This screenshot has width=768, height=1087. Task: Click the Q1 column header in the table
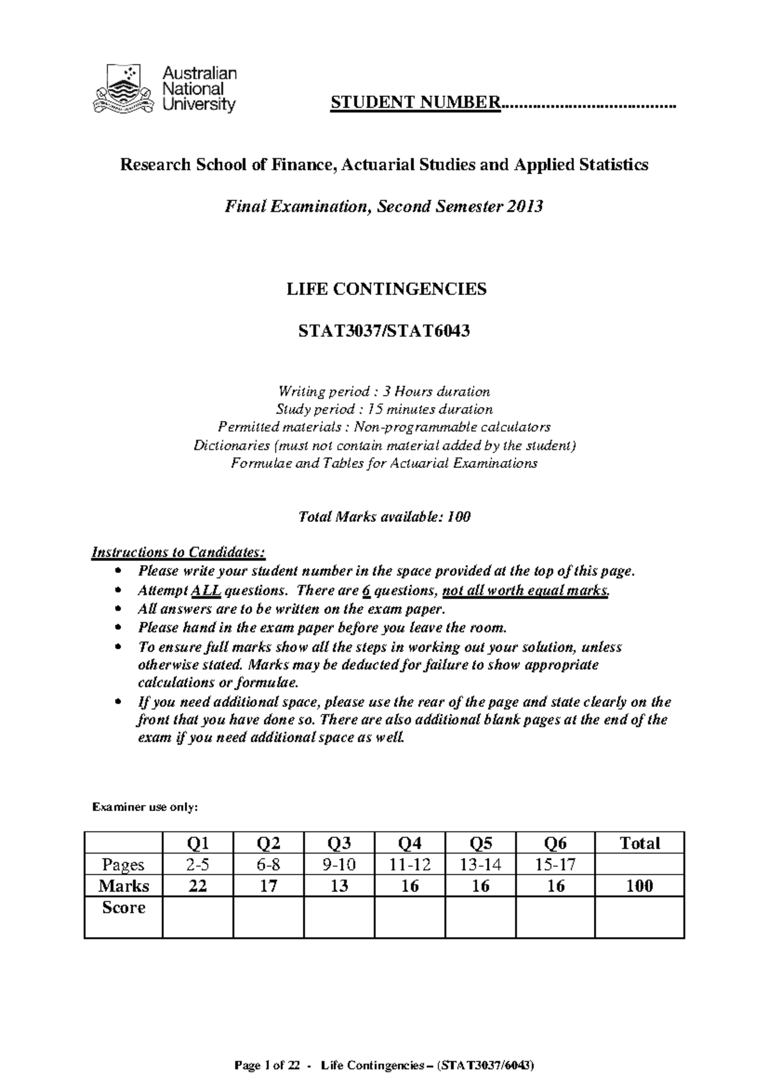198,842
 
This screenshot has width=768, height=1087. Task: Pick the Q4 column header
410,842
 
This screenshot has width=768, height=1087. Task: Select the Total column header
639,842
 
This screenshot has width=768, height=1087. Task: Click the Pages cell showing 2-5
198,864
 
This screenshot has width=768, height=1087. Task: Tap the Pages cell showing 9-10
339,864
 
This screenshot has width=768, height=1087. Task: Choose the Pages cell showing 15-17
556,864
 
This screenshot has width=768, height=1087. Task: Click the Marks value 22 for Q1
198,886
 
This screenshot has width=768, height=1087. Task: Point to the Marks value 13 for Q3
339,886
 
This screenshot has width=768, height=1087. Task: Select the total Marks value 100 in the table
639,886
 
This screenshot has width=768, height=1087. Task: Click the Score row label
124,907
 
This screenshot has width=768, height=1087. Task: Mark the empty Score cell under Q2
268,917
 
